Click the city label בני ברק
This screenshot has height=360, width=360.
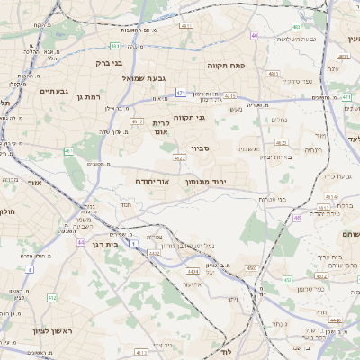[x=110, y=63]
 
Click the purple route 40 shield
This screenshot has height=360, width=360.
[x=255, y=36]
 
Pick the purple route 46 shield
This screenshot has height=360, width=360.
[x=297, y=217]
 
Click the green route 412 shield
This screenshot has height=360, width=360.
[x=52, y=296]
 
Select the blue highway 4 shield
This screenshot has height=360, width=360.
[x=29, y=269]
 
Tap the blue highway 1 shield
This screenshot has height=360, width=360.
[x=133, y=244]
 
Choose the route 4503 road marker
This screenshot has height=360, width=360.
[x=252, y=268]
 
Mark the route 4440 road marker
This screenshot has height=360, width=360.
[x=336, y=319]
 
